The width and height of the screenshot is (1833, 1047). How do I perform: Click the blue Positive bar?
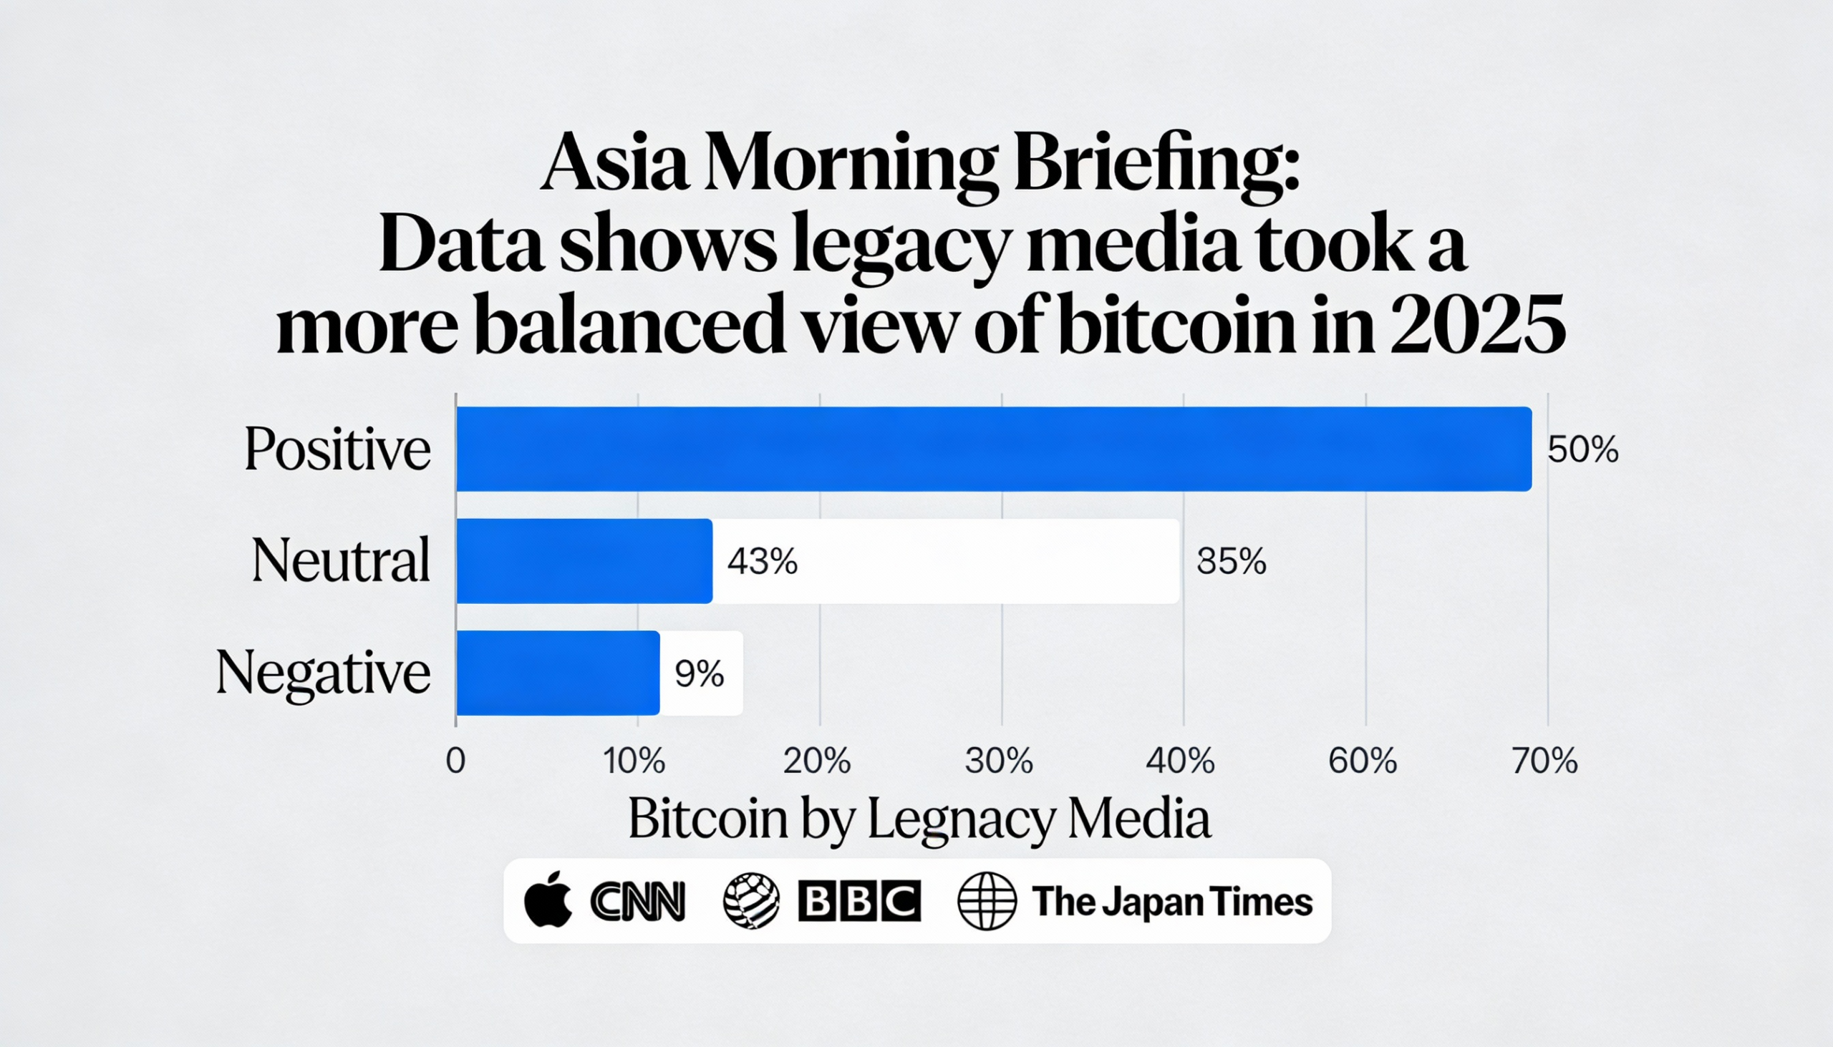tap(992, 449)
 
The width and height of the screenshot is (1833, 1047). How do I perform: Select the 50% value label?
tap(1582, 450)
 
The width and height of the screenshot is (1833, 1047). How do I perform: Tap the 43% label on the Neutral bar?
tap(762, 561)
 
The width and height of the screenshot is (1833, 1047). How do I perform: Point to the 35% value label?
tap(1231, 562)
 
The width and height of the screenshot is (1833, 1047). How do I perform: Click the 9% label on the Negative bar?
tap(699, 674)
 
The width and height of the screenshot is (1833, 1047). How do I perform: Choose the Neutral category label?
tap(340, 560)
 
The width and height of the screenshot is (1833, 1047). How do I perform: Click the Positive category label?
tap(337, 449)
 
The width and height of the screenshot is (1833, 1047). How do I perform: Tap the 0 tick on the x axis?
tap(455, 761)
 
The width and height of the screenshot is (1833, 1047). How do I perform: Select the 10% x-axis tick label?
tap(634, 761)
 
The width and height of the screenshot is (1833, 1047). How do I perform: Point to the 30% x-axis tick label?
tap(999, 761)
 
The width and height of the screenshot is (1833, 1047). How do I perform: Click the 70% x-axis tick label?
tap(1544, 761)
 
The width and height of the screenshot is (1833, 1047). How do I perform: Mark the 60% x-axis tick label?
tap(1363, 761)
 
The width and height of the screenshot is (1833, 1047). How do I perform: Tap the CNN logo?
tap(637, 902)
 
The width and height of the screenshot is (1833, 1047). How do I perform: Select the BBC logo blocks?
tap(859, 901)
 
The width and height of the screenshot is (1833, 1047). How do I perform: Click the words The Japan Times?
tap(1172, 901)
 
